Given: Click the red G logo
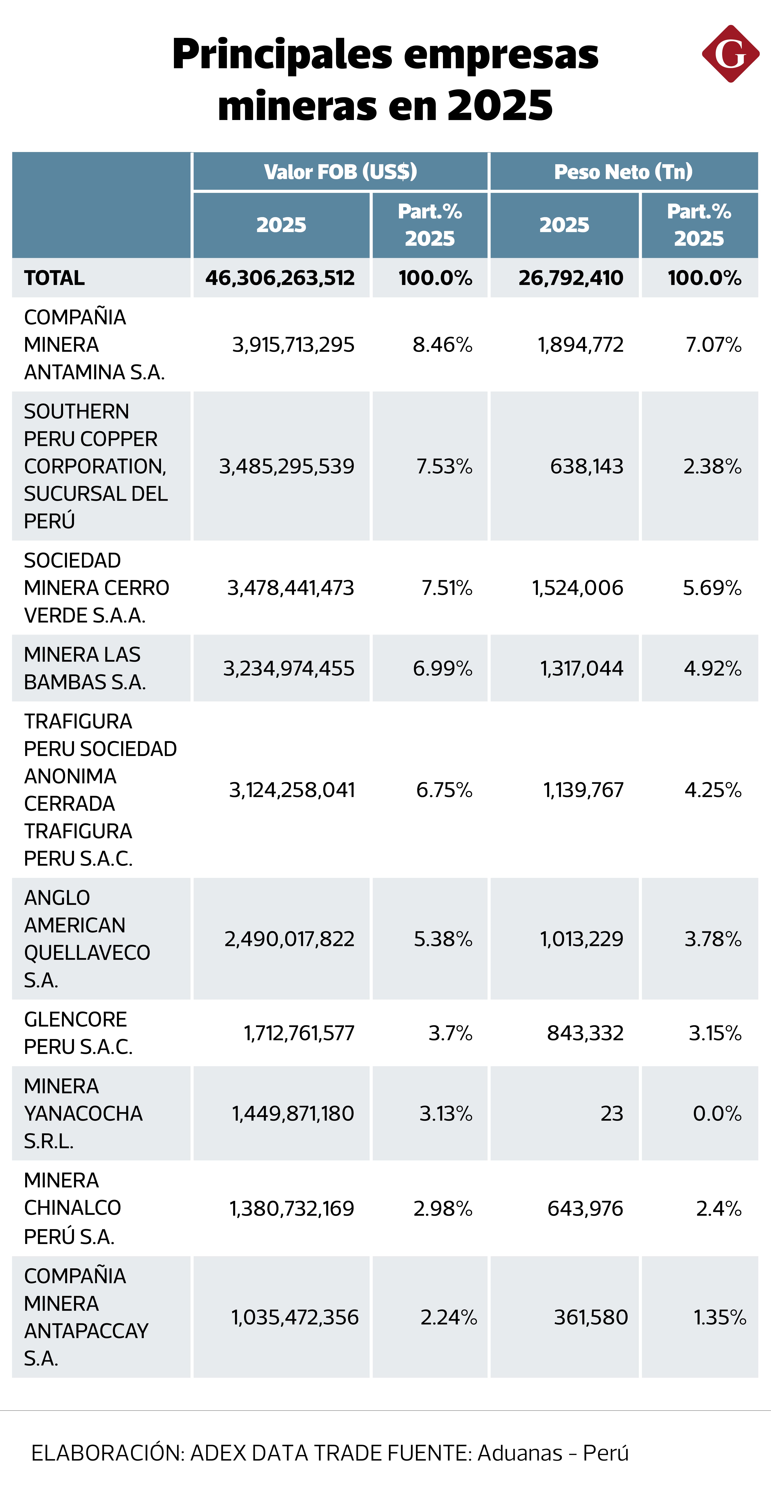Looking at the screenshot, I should click(x=730, y=54).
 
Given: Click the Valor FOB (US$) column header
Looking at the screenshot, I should click(x=340, y=172).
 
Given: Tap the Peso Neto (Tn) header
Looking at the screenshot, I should click(x=623, y=172).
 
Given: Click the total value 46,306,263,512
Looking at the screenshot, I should click(x=280, y=277).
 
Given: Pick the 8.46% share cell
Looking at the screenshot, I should click(x=442, y=344).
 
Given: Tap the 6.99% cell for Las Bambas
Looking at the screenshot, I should click(x=442, y=668).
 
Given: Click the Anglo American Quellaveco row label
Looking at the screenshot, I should click(x=87, y=938).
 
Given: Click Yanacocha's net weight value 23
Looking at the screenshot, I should click(x=611, y=1113).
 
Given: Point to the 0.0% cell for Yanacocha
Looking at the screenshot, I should click(x=717, y=1113).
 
